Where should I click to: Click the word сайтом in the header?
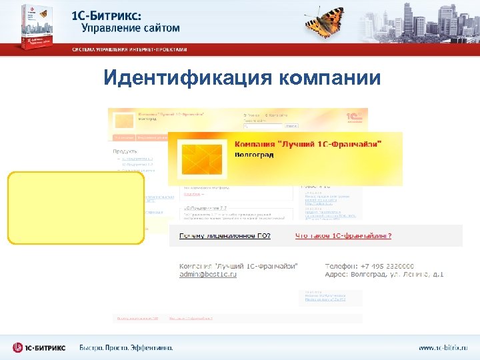pos(154,27)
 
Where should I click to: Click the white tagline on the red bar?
pos(130,49)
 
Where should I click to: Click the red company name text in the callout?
pos(309,143)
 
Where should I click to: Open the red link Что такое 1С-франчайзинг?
pos(343,235)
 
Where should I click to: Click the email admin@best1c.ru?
pos(207,274)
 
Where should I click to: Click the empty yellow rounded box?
pos(76,208)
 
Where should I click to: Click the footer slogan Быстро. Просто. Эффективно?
pos(126,347)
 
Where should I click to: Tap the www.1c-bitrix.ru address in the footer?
pos(443,347)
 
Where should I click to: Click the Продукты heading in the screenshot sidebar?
pos(125,151)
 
